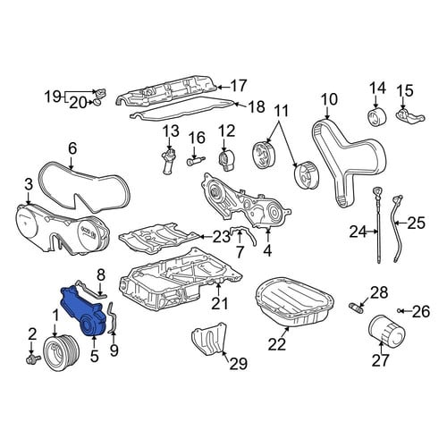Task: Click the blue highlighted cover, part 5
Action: [82, 311]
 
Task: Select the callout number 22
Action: [277, 344]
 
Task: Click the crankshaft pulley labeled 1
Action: [61, 352]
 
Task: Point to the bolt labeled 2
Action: [33, 358]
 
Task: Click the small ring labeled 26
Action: [400, 311]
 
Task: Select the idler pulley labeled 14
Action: [376, 118]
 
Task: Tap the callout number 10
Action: [329, 99]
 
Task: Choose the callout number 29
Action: [239, 364]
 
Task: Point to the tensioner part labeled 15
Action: [409, 115]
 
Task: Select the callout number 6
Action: [72, 148]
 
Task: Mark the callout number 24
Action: [358, 232]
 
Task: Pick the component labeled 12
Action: [225, 161]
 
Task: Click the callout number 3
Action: [29, 185]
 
